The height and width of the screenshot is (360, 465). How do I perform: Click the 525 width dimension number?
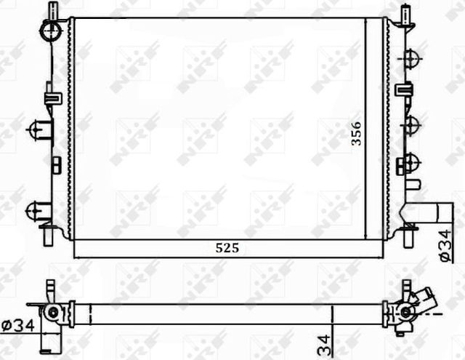pos(227,248)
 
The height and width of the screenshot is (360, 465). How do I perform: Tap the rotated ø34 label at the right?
pos(444,244)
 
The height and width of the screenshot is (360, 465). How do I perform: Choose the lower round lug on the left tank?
pos(35,210)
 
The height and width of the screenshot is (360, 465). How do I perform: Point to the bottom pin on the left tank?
pos(52,236)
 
